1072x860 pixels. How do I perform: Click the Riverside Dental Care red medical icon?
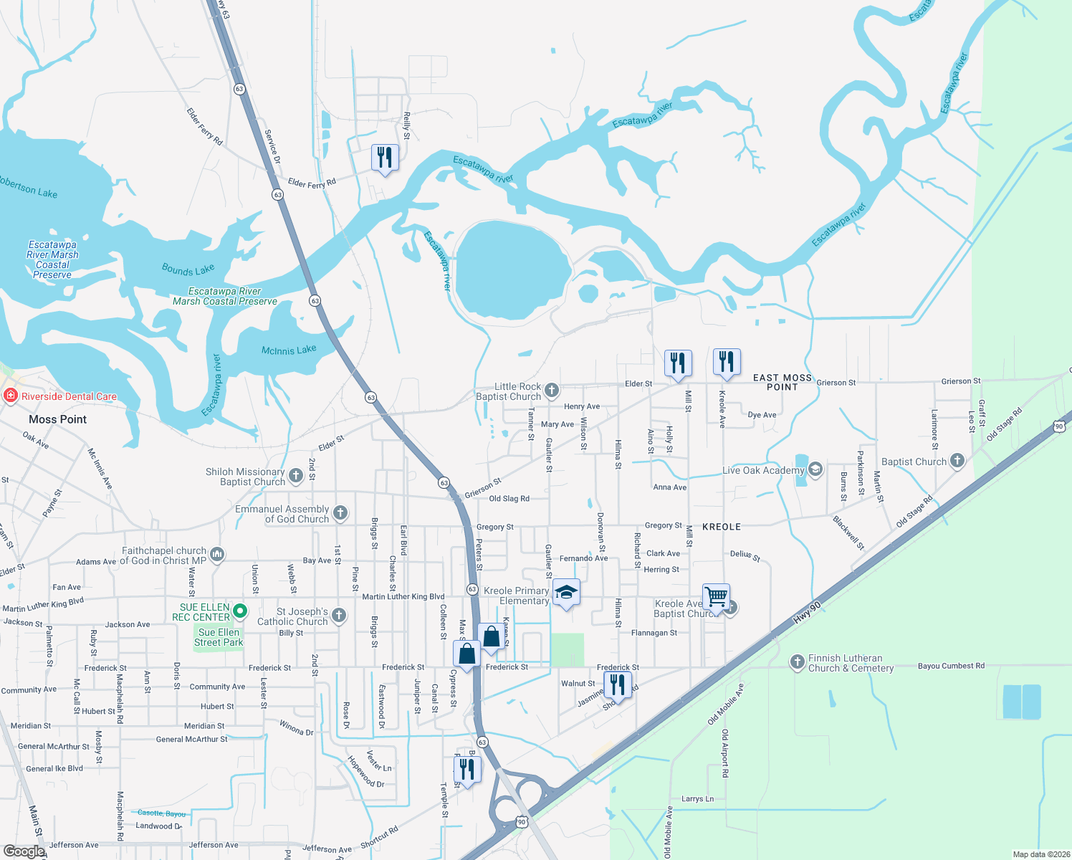(x=10, y=396)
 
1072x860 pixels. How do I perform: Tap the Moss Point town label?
(x=57, y=419)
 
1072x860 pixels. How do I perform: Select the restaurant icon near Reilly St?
(x=385, y=158)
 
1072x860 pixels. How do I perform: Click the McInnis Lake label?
(x=289, y=350)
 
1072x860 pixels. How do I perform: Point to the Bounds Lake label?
(x=188, y=269)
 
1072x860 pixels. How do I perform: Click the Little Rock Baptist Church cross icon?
(x=551, y=390)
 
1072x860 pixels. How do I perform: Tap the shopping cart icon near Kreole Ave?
(x=716, y=596)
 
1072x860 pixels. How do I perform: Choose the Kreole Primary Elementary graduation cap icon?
(x=566, y=592)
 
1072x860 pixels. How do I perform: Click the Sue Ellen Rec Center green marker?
(x=241, y=611)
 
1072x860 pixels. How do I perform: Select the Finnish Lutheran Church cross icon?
(x=797, y=661)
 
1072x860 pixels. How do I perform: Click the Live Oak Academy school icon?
(x=815, y=469)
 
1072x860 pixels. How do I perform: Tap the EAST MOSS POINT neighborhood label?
(x=783, y=382)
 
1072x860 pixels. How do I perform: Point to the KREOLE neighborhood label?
(x=722, y=527)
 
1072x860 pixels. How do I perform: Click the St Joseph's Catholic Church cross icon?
(x=339, y=615)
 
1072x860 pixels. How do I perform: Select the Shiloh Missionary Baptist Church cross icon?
(x=295, y=474)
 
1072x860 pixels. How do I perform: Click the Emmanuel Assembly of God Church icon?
(x=340, y=512)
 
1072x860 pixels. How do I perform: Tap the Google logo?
(x=24, y=851)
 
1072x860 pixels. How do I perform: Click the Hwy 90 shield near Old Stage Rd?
(x=1059, y=426)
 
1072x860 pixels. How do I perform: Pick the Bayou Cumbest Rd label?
(x=951, y=666)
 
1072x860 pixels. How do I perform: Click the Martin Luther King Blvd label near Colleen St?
(x=403, y=596)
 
